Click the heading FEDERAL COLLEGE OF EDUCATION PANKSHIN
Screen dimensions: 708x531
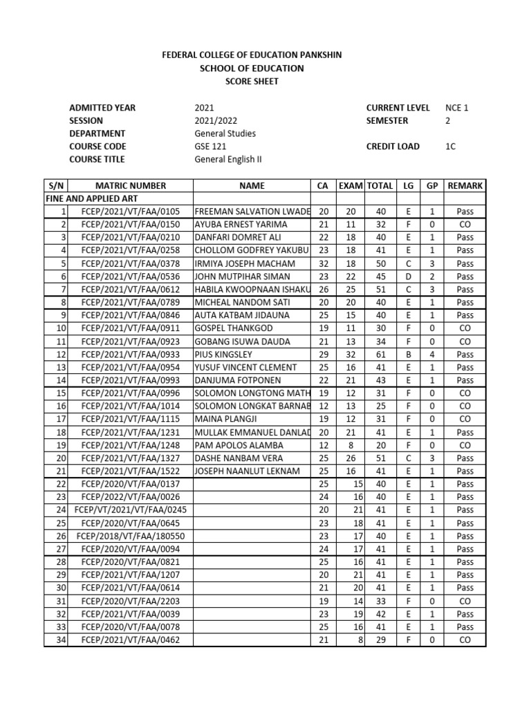tap(252, 55)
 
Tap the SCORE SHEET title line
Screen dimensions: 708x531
tap(252, 81)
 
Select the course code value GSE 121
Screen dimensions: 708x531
tap(211, 147)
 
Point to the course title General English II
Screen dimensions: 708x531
tap(227, 160)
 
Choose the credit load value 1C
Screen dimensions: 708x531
tap(451, 147)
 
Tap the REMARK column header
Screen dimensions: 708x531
tap(465, 186)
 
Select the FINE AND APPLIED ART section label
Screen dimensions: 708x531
tap(84, 198)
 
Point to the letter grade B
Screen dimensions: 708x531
tap(408, 354)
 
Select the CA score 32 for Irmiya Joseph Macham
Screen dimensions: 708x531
tap(323, 263)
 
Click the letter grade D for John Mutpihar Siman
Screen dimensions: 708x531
tap(408, 277)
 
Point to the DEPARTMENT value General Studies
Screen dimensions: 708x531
tap(225, 133)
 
